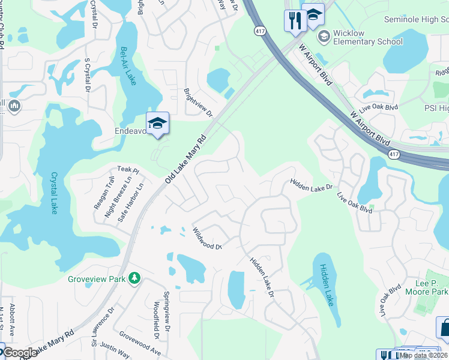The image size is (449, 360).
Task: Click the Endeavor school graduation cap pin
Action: tap(158, 123)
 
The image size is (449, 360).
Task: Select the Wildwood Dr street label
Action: tap(207, 238)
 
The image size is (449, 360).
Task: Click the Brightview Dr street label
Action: tap(198, 103)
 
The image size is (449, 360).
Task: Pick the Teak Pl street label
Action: tap(128, 170)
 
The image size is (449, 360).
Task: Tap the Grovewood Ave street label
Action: tap(139, 343)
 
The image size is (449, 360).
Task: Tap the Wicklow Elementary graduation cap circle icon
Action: tap(324, 37)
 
